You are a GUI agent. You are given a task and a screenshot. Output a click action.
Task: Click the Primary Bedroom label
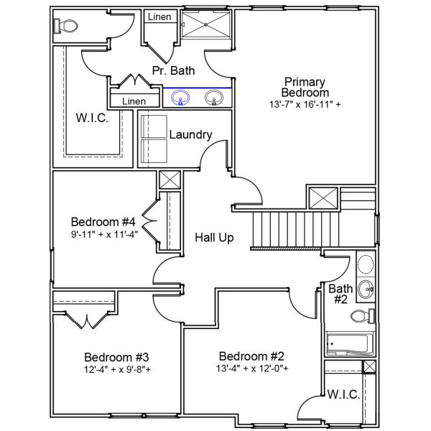(306, 87)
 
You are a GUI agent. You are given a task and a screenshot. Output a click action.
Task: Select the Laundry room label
(190, 135)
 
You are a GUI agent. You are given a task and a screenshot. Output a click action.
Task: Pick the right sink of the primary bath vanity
(213, 97)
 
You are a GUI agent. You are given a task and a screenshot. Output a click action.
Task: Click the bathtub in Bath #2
(349, 344)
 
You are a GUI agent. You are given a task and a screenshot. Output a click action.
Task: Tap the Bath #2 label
(340, 294)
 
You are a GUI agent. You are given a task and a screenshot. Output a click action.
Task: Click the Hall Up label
(214, 237)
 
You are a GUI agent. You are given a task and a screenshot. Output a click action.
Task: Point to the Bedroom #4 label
(103, 221)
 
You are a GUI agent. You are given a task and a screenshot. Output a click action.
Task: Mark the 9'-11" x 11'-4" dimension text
(103, 233)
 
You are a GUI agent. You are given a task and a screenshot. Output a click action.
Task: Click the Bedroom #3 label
(116, 357)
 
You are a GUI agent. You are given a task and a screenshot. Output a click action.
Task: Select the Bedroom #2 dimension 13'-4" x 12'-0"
(252, 369)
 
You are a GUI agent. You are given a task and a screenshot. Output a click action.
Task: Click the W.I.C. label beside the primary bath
(92, 118)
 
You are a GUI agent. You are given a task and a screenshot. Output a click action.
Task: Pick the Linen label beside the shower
(159, 16)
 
